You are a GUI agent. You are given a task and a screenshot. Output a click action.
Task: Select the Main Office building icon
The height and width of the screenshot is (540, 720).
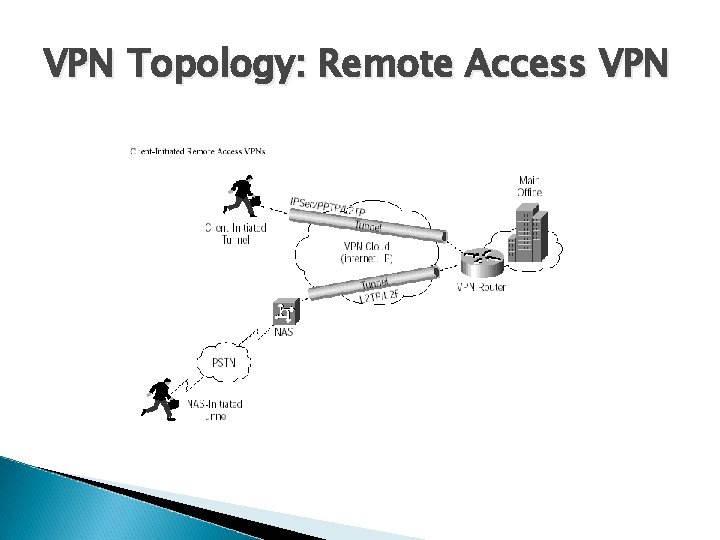526,230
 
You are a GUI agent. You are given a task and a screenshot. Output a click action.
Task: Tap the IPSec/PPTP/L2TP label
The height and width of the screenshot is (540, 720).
327,206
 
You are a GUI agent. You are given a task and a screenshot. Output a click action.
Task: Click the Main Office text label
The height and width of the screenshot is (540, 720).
530,185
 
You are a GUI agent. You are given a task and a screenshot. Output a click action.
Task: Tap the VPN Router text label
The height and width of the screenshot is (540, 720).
480,288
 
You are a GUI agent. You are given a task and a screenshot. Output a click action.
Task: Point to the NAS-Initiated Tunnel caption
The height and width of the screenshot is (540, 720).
213,409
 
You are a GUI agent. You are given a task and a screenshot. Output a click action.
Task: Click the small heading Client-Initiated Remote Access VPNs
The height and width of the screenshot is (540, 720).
204,151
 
